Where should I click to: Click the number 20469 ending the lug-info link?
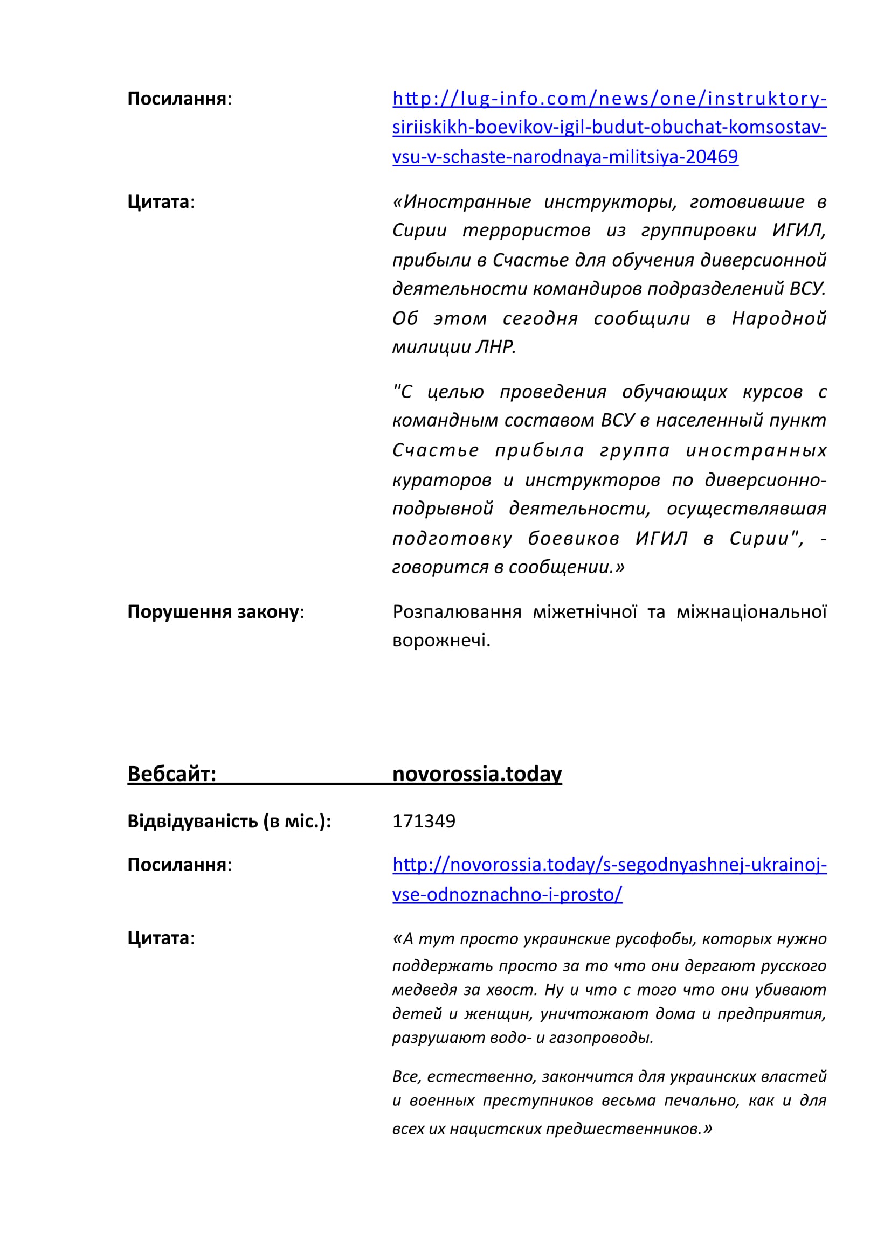[712, 157]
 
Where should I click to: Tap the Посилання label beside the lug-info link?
[177, 99]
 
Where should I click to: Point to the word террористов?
[526, 231]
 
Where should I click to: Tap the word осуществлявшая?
[746, 509]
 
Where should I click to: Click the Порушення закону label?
[213, 612]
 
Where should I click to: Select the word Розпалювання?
[457, 612]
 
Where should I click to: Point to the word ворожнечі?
[441, 641]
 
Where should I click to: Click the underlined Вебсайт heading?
[172, 774]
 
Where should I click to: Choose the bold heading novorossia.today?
[477, 774]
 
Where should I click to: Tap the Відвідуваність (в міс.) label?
[229, 821]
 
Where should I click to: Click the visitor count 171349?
[424, 821]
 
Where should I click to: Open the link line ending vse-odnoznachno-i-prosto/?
[507, 895]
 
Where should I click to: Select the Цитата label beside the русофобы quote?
[158, 938]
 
